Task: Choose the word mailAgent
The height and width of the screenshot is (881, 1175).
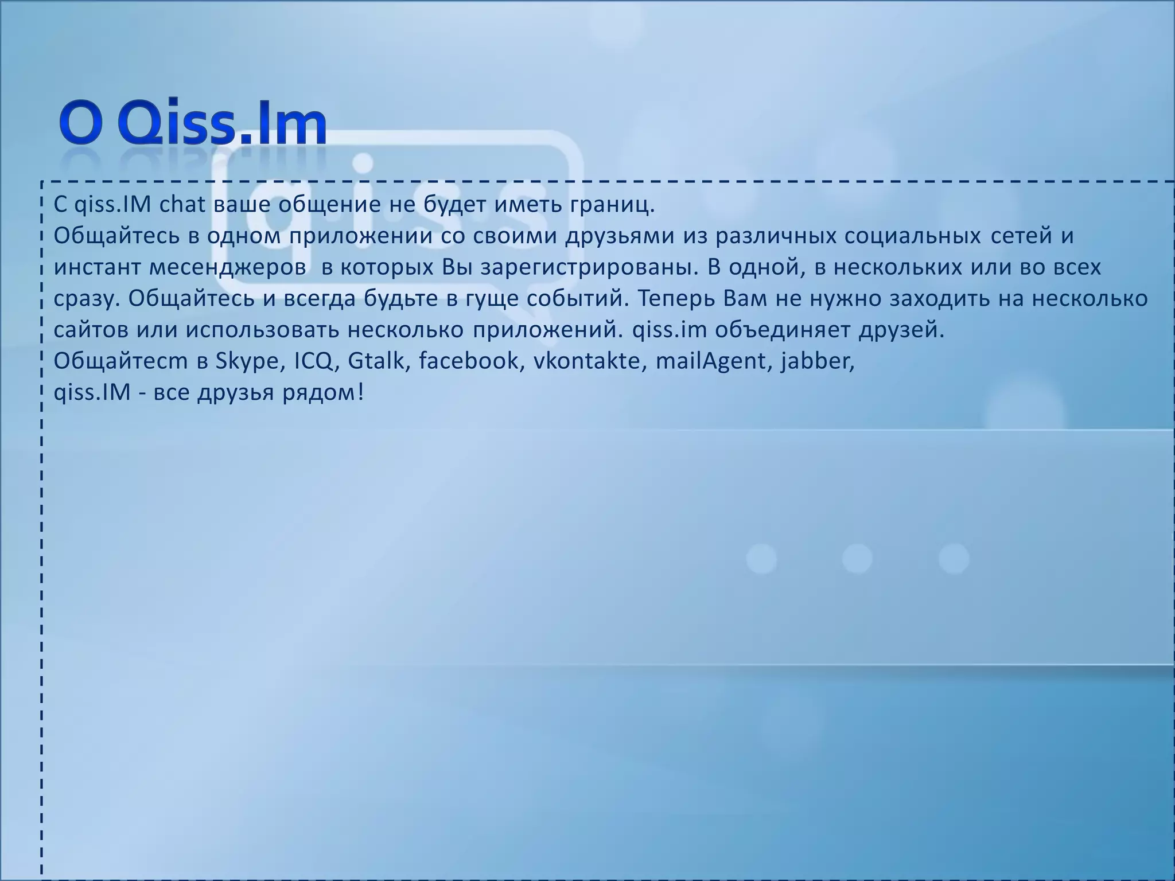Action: [714, 361]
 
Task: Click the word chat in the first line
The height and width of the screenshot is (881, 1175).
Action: [182, 205]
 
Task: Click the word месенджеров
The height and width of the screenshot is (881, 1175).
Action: [228, 268]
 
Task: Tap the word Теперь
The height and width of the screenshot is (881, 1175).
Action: [676, 299]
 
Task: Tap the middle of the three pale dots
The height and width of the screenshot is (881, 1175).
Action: [857, 558]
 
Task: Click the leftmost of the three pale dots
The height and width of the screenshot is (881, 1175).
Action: [761, 558]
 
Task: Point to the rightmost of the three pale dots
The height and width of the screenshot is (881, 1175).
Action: [954, 558]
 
